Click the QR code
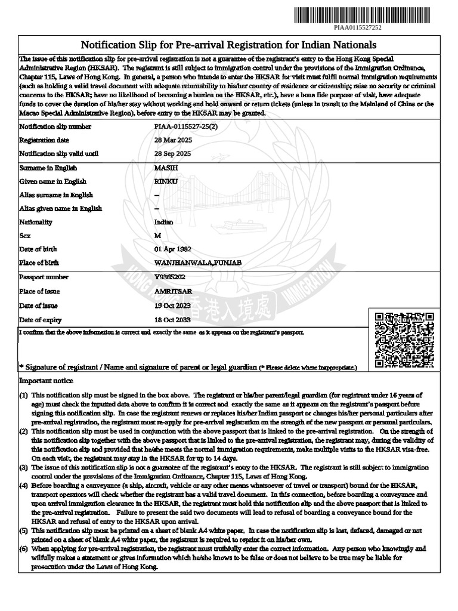pyautogui.click(x=404, y=340)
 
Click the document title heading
pyautogui.click(x=229, y=45)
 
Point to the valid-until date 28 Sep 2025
pyautogui.click(x=173, y=153)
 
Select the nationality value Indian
pyautogui.click(x=164, y=222)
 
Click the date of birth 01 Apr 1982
pyautogui.click(x=174, y=249)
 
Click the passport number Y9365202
pyautogui.click(x=169, y=277)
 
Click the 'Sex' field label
pyautogui.click(x=24, y=236)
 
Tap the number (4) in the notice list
pyautogui.click(x=23, y=486)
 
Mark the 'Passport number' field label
pyautogui.click(x=44, y=277)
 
